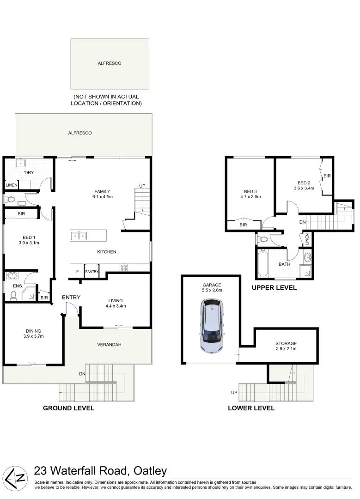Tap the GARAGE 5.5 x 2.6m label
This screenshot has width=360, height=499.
click(211, 288)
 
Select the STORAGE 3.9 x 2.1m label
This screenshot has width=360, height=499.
click(286, 346)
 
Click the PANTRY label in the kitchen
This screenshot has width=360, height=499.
click(92, 272)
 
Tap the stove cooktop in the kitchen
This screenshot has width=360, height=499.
click(124, 267)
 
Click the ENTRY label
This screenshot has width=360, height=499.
click(71, 297)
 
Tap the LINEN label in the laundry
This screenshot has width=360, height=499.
click(11, 185)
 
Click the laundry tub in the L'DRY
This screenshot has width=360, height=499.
click(21, 162)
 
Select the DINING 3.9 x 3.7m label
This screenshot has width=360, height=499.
click(33, 333)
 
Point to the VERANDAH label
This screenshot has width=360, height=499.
click(109, 345)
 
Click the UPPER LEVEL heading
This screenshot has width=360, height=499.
click(274, 287)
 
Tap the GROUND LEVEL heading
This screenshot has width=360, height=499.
click(68, 408)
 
